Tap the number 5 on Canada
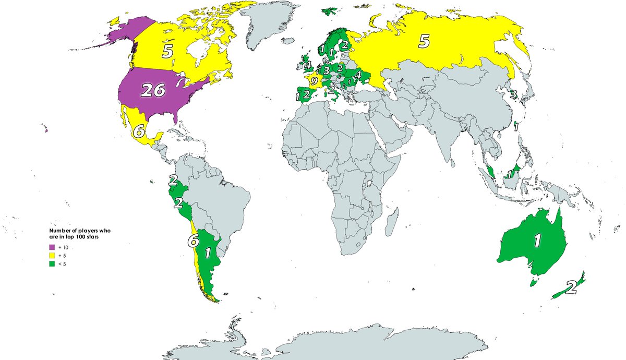[x=167, y=52]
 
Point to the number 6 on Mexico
[x=138, y=131]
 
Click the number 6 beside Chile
[x=193, y=241]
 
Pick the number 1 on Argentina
[x=208, y=253]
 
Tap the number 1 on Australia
[x=537, y=240]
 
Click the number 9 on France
[x=314, y=81]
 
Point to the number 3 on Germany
[x=326, y=70]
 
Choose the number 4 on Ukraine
[x=357, y=75]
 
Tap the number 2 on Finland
[x=345, y=45]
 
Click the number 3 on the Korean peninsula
[x=513, y=94]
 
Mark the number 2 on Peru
[x=178, y=203]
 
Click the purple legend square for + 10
[x=52, y=247]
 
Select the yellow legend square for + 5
[x=52, y=255]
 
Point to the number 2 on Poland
[x=340, y=68]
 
